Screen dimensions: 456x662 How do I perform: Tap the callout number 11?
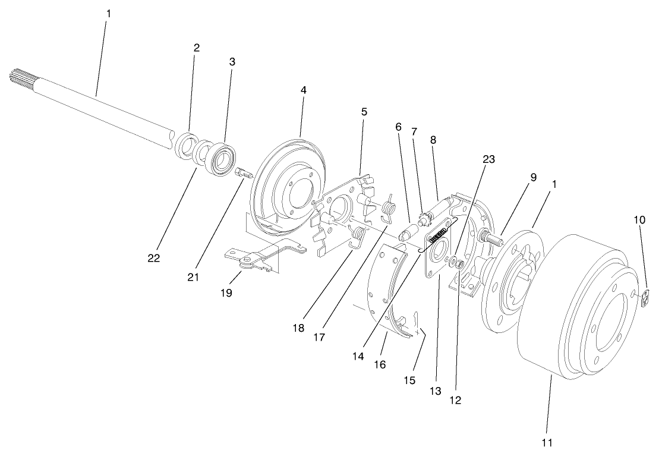[547, 442]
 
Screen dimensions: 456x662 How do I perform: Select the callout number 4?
[303, 90]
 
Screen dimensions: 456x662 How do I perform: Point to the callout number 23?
[489, 159]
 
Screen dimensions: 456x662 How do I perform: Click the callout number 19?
[226, 293]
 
